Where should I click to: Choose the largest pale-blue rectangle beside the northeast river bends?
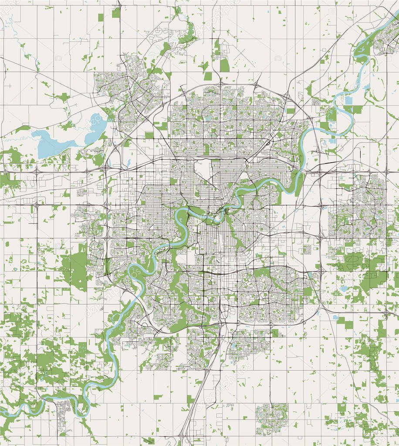coord(348,100)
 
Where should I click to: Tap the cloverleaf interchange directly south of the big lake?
coord(37,172)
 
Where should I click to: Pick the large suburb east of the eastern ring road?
coord(357,209)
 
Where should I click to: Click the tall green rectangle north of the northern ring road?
coord(224,65)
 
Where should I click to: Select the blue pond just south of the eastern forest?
coord(344,289)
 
